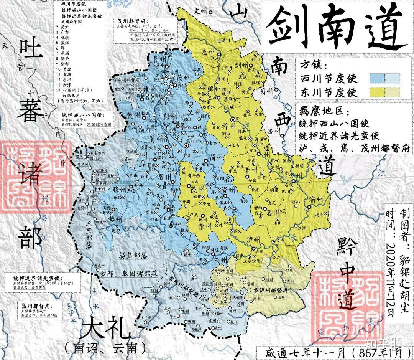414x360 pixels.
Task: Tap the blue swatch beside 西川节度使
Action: click(385, 78)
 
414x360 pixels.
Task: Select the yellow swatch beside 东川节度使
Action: click(385, 92)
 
